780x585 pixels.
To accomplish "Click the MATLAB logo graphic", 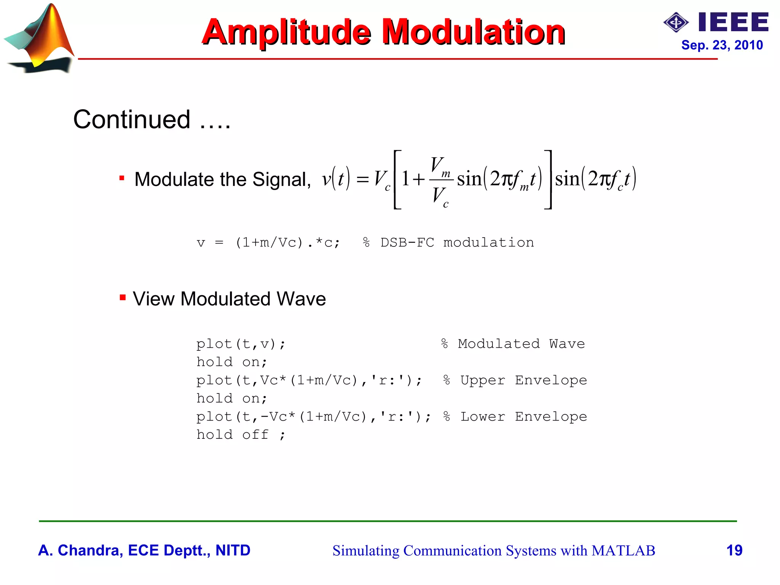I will [40, 38].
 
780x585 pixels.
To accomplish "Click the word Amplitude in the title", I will [286, 32].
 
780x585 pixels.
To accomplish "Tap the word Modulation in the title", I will [473, 32].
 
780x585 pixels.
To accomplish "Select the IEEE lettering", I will [734, 22].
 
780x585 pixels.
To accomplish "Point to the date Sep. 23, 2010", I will [722, 45].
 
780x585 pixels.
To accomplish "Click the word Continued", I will [132, 120].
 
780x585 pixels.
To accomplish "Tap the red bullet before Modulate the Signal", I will [122, 178].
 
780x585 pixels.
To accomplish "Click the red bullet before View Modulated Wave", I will [122, 297].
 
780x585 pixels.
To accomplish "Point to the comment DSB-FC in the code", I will [407, 243].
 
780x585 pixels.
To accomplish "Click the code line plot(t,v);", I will [241, 344].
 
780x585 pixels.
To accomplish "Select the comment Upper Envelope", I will [523, 380].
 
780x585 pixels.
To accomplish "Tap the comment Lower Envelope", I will [523, 417].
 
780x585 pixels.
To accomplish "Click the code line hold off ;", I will [241, 435].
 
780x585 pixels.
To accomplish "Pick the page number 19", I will [734, 550].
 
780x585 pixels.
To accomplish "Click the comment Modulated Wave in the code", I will [521, 344].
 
